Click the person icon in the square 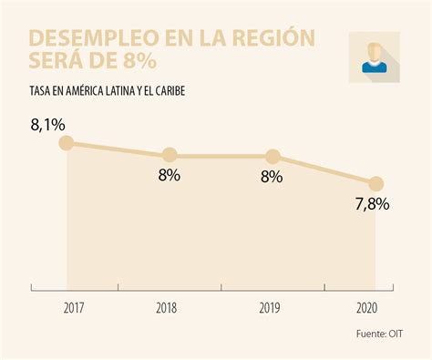point(374,57)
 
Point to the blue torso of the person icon point(374,67)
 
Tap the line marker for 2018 point(169,156)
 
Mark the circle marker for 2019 point(272,156)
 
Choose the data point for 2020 point(375,183)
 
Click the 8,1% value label point(46,124)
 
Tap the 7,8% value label point(371,205)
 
